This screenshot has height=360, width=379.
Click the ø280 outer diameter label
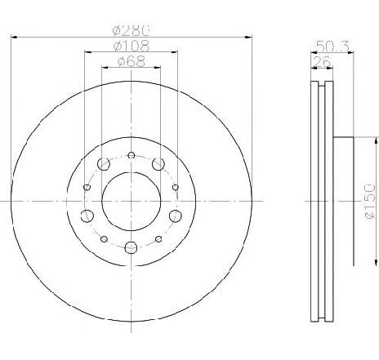pos(132,31)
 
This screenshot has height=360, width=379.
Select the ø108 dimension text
pos(132,47)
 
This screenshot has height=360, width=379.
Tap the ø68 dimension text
pos(132,61)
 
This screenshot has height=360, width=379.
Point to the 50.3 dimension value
pos(332,47)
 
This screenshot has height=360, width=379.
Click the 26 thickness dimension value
pos(322,62)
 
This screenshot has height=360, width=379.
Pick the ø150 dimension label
pos(370,201)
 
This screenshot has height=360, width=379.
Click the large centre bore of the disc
pos(132,202)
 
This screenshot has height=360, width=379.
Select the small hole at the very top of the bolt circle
pos(132,155)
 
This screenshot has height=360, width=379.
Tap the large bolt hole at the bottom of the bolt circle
pos(131,247)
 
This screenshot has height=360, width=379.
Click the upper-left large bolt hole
pos(104,164)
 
